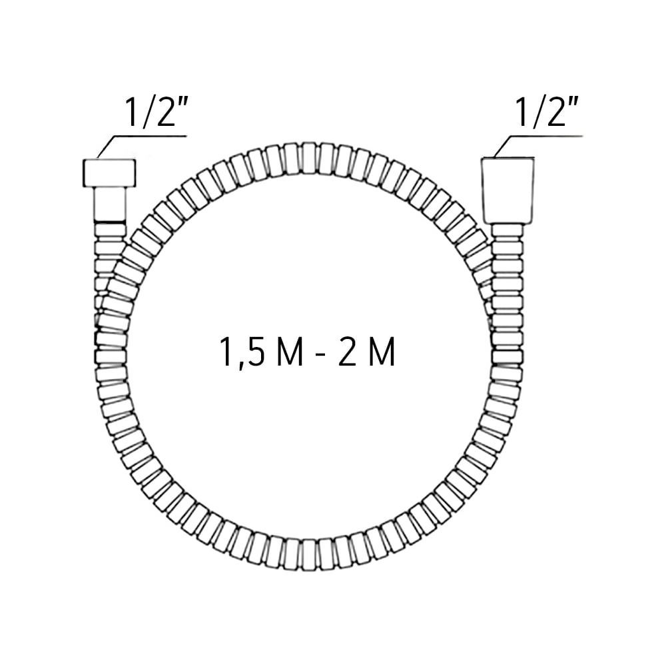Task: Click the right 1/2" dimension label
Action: click(x=547, y=112)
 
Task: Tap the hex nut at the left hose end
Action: click(x=109, y=173)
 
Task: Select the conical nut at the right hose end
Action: click(x=508, y=190)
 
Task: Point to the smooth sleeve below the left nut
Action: click(x=110, y=204)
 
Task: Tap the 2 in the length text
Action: click(x=347, y=352)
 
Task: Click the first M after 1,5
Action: click(x=290, y=352)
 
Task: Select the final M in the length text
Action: click(x=382, y=352)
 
